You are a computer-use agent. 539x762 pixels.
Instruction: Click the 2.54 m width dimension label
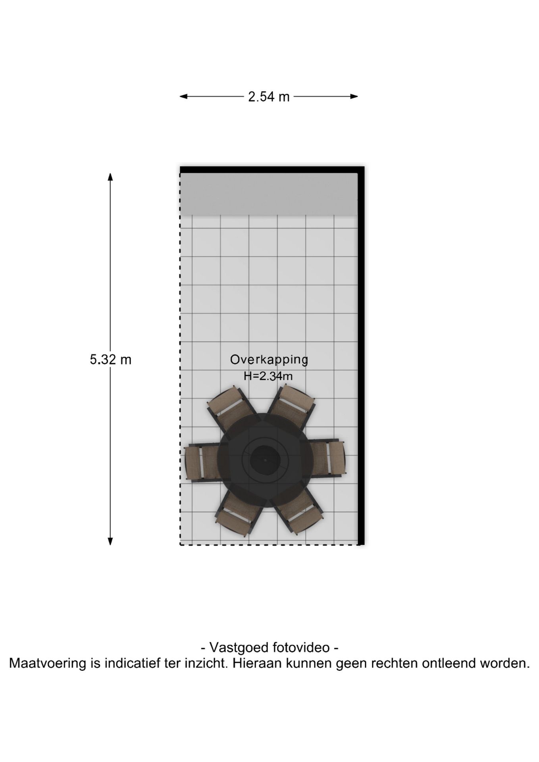point(269,96)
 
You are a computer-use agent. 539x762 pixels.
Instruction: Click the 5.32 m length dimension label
point(110,360)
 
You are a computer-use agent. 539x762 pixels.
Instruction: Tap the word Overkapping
point(269,360)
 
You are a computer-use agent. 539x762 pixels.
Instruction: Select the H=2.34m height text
point(268,376)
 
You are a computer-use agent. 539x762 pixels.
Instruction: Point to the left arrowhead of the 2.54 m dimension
point(183,96)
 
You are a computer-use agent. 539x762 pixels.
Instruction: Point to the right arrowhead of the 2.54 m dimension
point(354,96)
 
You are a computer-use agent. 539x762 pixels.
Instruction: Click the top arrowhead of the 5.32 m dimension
point(110,177)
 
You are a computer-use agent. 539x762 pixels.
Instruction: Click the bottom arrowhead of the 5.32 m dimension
point(110,541)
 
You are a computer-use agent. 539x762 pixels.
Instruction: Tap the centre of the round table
point(266,460)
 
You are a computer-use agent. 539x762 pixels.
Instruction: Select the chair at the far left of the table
point(202,462)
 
